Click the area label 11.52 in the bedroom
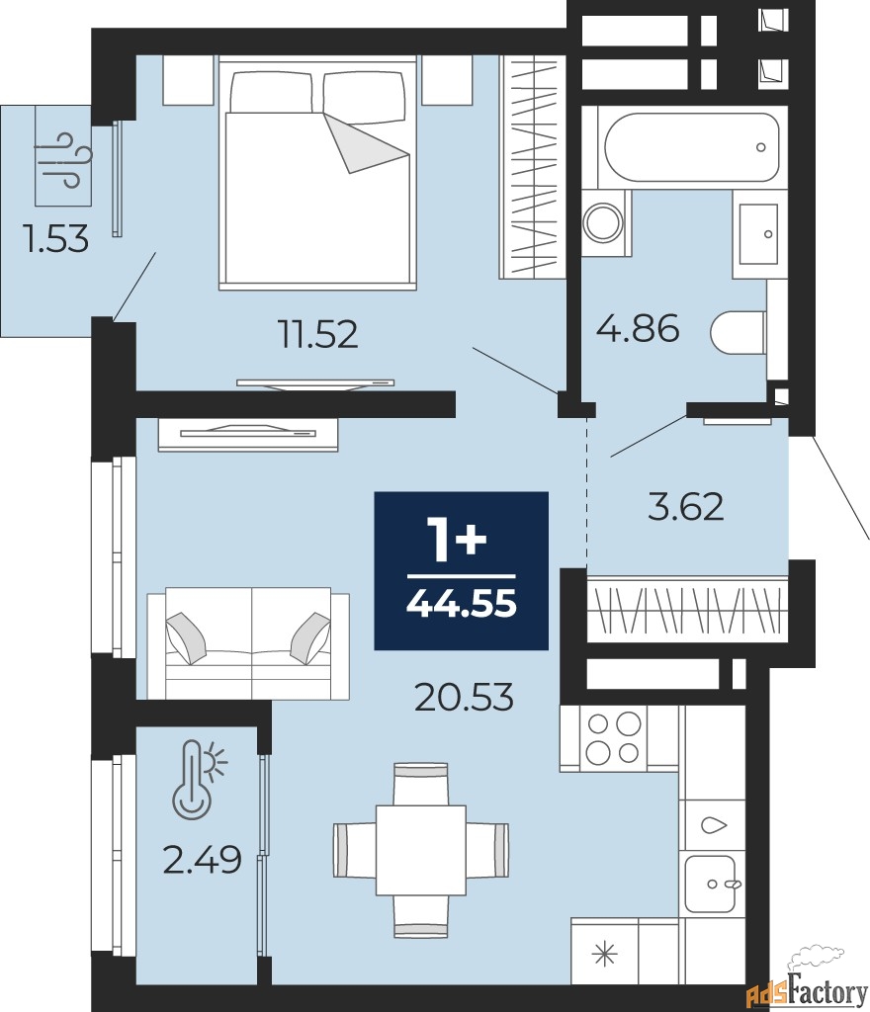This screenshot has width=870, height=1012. click(x=317, y=334)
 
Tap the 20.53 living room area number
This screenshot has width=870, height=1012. click(x=464, y=697)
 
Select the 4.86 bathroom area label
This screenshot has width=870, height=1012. click(x=638, y=328)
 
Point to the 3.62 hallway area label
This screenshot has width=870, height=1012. click(x=685, y=507)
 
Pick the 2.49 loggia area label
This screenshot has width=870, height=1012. click(x=202, y=860)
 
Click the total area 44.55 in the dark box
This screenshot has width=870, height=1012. click(x=462, y=605)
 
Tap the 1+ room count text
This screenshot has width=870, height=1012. click(x=459, y=540)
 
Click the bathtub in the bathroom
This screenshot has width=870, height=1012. click(x=692, y=148)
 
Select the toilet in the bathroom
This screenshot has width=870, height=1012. click(x=739, y=333)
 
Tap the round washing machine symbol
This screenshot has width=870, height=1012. click(x=603, y=222)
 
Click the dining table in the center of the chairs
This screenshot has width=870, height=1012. click(x=421, y=850)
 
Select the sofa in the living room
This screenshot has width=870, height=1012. click(x=248, y=642)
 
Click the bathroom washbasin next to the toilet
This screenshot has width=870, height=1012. click(x=759, y=234)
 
